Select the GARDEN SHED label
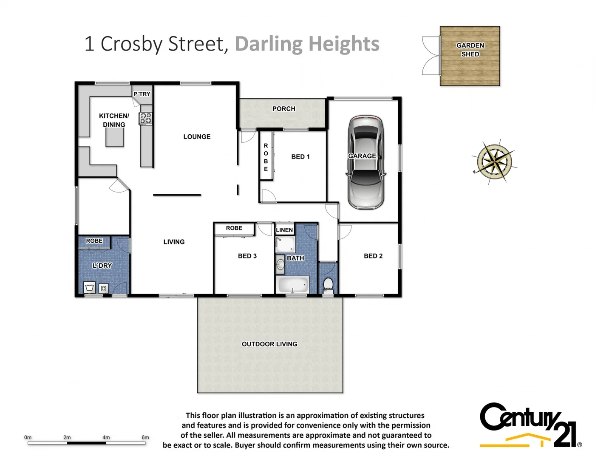pyautogui.click(x=470, y=50)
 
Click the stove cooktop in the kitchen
pyautogui.click(x=146, y=118)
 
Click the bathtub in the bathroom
pyautogui.click(x=293, y=284)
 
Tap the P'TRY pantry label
pyautogui.click(x=142, y=94)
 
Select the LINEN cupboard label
pyautogui.click(x=284, y=230)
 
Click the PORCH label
pyautogui.click(x=283, y=109)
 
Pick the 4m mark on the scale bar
pyautogui.click(x=106, y=437)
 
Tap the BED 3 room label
pyautogui.click(x=247, y=256)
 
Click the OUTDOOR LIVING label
pyautogui.click(x=269, y=344)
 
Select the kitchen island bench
pyautogui.click(x=115, y=137)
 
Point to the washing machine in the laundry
pyautogui.click(x=103, y=288)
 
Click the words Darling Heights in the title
pyautogui.click(x=307, y=44)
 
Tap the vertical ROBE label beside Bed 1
pyautogui.click(x=266, y=157)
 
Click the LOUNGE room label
pyautogui.click(x=197, y=136)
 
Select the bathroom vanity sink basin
pyautogui.click(x=280, y=264)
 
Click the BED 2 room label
pyautogui.click(x=373, y=256)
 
